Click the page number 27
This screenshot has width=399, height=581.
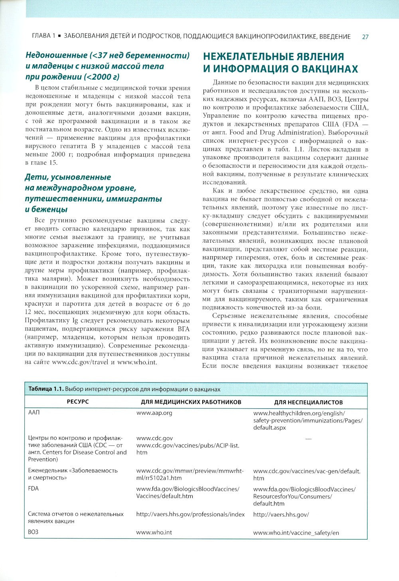point(365,37)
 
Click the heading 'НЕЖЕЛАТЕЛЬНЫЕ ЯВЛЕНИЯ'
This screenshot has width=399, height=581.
point(273,57)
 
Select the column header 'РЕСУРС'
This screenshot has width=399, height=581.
point(78,402)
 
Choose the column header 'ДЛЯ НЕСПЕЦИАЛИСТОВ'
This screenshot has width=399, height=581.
point(308,402)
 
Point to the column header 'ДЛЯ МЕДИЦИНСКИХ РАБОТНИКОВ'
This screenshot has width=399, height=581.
point(191,402)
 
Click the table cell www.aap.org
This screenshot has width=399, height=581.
point(154,413)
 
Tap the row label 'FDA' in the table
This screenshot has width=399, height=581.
point(34,489)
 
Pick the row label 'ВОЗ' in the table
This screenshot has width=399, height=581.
point(33,532)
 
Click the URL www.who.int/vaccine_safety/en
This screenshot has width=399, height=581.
point(296,532)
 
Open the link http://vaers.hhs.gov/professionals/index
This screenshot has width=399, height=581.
point(190,514)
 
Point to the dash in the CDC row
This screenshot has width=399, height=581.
point(308,439)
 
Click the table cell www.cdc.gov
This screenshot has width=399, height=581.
point(154,438)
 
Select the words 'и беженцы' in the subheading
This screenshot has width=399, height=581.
point(46,209)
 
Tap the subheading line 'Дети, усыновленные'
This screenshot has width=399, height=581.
point(68,177)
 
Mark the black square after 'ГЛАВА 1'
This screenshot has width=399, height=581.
point(59,37)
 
